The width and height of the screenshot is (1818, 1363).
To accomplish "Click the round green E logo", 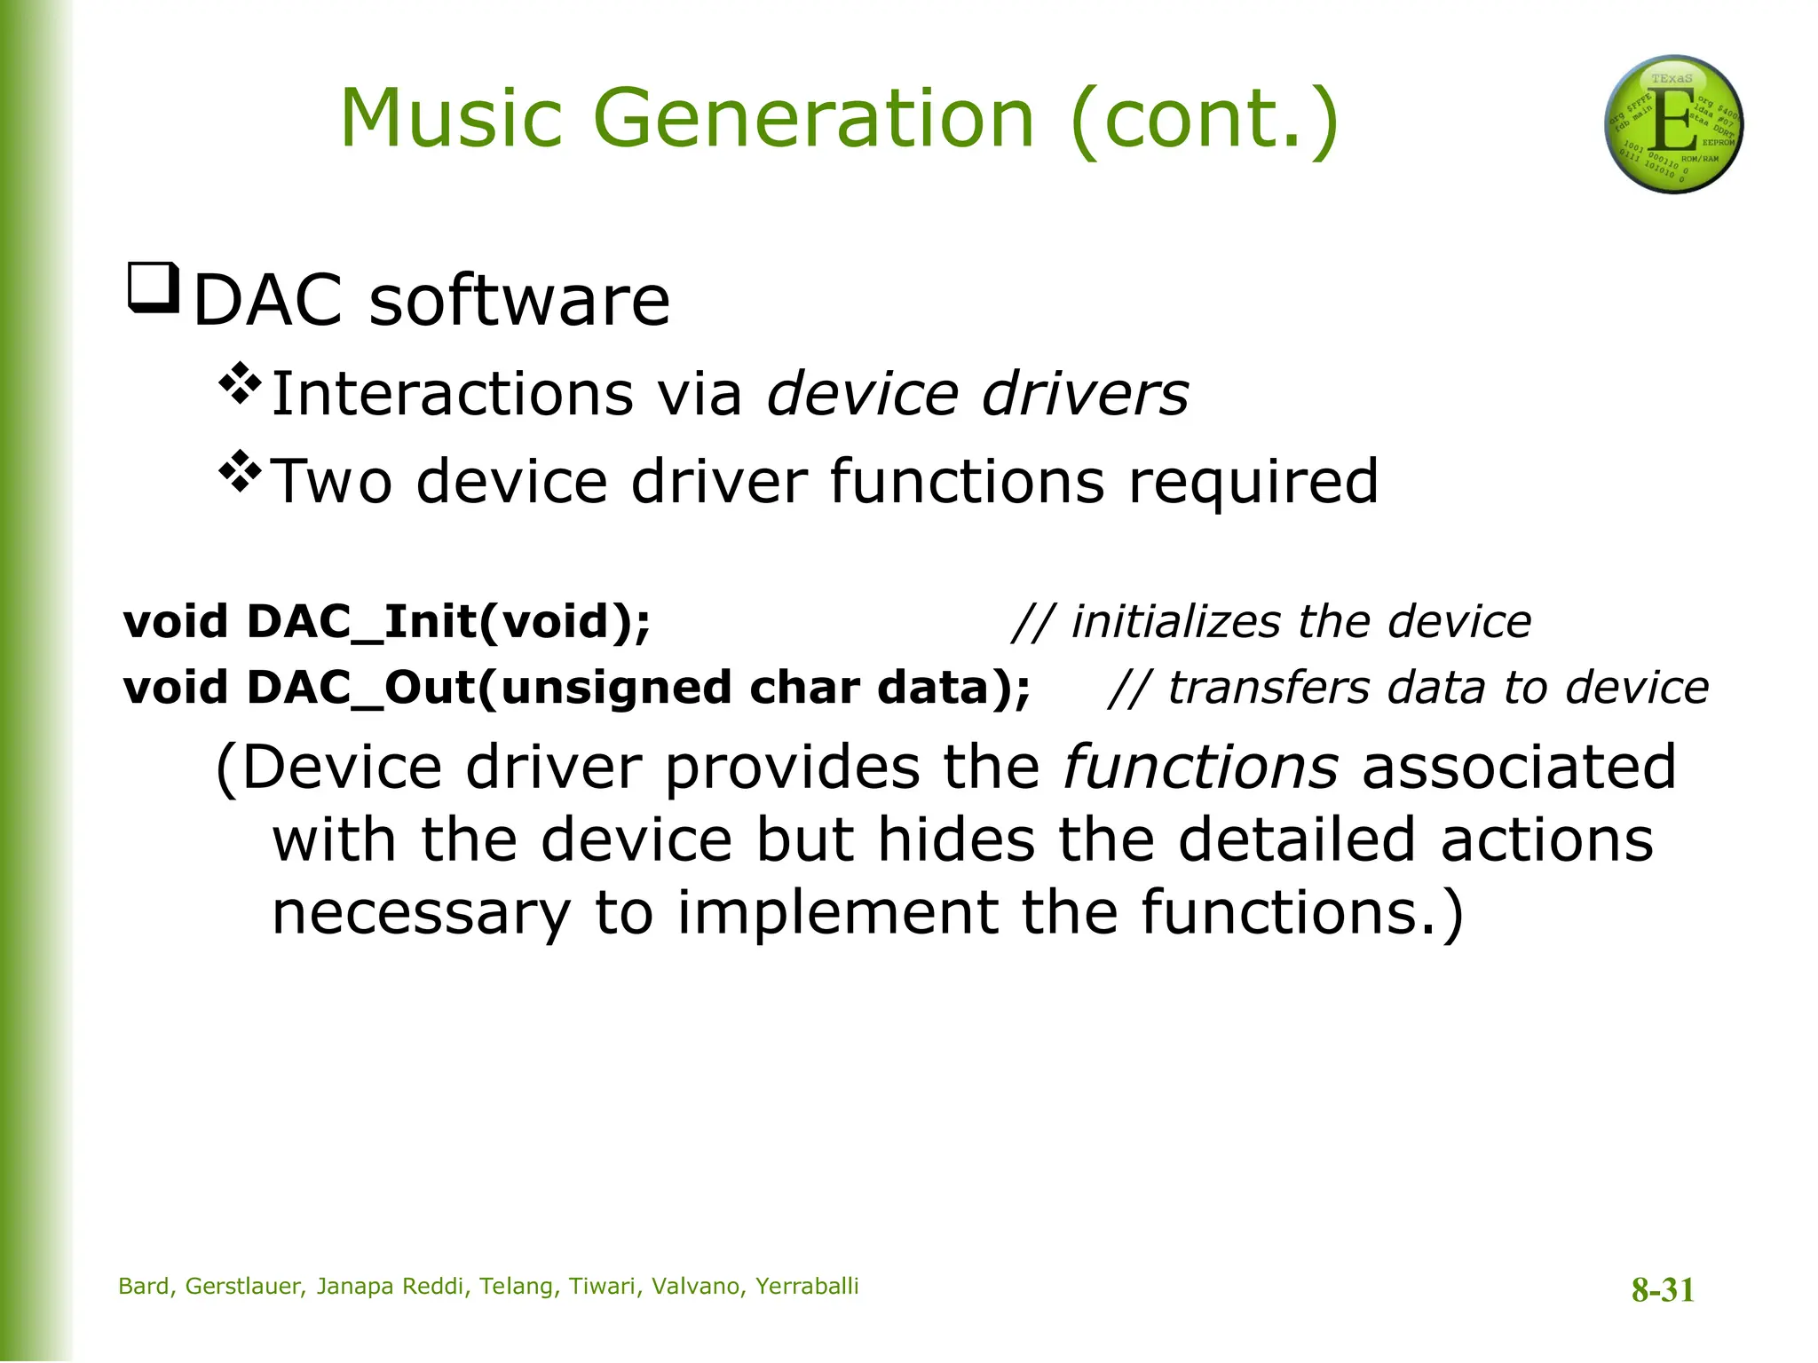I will pos(1673,124).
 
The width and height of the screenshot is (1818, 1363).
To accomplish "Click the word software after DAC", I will pos(519,301).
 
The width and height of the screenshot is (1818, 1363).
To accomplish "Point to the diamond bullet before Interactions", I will pos(241,383).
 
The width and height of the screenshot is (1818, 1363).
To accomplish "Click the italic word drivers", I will pos(1085,394).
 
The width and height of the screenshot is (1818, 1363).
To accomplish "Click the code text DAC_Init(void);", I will pos(448,621).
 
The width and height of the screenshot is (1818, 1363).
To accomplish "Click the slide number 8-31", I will pos(1663,1289).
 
